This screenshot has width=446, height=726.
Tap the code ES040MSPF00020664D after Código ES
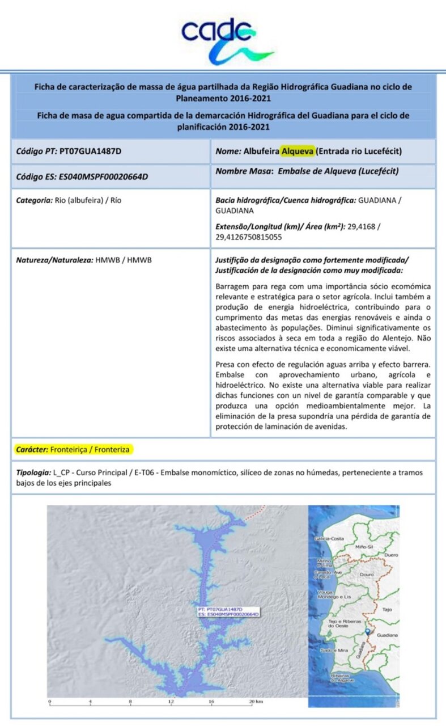click(x=103, y=176)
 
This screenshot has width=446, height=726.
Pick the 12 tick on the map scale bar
click(x=171, y=702)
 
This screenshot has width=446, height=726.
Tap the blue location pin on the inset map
click(x=368, y=632)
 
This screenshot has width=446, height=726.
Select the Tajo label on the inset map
click(x=388, y=610)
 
